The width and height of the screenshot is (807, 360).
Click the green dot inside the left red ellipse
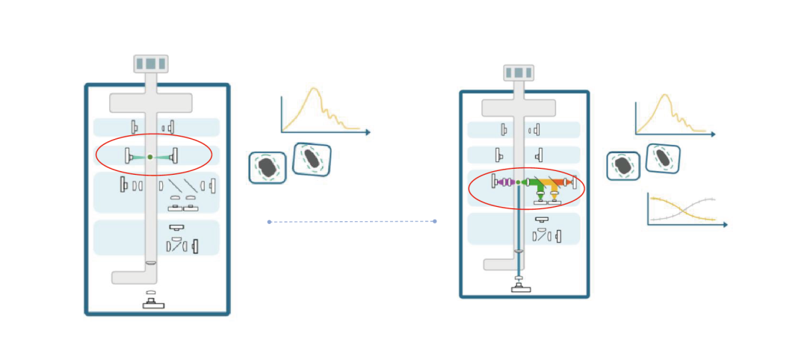pos(150,156)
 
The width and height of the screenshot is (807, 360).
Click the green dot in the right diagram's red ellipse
pos(518,182)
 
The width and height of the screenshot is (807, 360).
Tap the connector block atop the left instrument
pos(151,64)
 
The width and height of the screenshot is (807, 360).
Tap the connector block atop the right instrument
pos(519,72)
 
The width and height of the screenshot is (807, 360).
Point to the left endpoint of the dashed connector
pos(269,222)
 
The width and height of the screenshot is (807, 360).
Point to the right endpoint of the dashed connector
pos(434,221)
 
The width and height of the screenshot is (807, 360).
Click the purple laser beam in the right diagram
pos(504,182)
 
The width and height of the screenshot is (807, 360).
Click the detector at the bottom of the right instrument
pos(519,285)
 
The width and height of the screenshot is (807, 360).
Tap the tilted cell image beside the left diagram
pos(312,159)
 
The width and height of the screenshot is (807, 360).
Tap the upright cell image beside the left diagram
pos(267,167)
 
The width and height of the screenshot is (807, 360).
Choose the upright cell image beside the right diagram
pos(622,166)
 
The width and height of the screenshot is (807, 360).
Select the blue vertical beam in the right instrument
pos(519,224)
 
